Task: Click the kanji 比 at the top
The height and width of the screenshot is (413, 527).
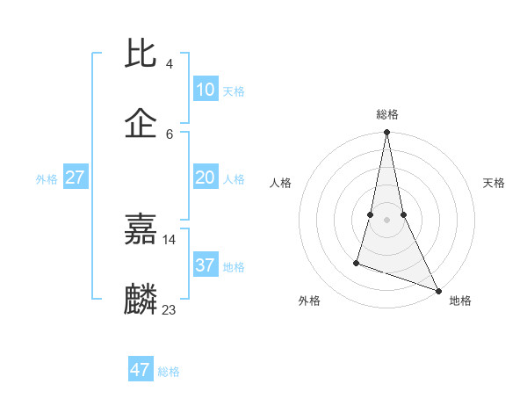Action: pyautogui.click(x=141, y=54)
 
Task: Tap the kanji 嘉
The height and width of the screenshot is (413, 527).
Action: pyautogui.click(x=141, y=229)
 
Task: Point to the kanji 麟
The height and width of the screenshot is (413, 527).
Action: pyautogui.click(x=141, y=299)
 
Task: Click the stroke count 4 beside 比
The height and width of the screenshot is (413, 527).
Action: pyautogui.click(x=169, y=64)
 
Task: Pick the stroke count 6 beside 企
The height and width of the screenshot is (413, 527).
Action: pyautogui.click(x=169, y=134)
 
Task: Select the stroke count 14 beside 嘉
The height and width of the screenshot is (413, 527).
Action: pyautogui.click(x=170, y=240)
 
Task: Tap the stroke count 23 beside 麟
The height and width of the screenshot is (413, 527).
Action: pyautogui.click(x=170, y=309)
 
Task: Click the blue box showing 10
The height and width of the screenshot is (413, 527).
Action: pyautogui.click(x=205, y=90)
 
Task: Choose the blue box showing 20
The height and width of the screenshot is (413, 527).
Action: pyautogui.click(x=205, y=178)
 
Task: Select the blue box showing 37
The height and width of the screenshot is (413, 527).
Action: pyautogui.click(x=205, y=265)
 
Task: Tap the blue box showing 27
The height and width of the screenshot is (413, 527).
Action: pyautogui.click(x=76, y=178)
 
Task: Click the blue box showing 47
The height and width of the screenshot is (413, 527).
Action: pyautogui.click(x=141, y=370)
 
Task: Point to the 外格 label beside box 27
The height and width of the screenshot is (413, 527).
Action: pyautogui.click(x=47, y=179)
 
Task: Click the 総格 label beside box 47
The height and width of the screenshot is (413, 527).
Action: pyautogui.click(x=169, y=372)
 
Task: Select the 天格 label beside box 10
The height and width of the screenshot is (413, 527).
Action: pyautogui.click(x=234, y=91)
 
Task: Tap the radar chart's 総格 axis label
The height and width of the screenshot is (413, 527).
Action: pyautogui.click(x=386, y=114)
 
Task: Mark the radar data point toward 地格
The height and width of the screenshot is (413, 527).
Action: pyautogui.click(x=437, y=291)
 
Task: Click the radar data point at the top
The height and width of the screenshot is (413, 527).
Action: pyautogui.click(x=386, y=133)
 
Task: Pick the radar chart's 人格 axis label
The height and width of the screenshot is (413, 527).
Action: pyautogui.click(x=280, y=183)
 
